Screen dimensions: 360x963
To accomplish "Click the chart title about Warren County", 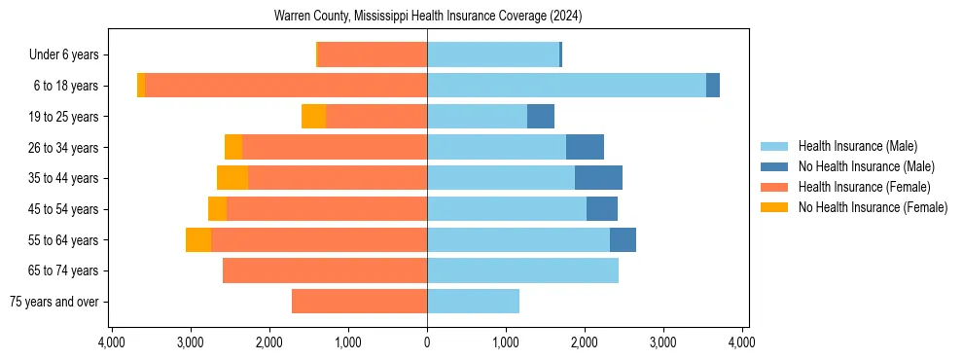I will (428, 17).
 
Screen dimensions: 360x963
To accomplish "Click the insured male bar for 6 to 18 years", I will (566, 86).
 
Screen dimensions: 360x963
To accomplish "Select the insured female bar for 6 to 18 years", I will (286, 86).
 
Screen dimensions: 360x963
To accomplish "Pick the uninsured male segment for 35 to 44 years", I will (598, 178).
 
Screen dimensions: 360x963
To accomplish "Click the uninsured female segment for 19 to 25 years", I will (313, 117).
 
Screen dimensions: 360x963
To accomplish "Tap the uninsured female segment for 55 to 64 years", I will (198, 240).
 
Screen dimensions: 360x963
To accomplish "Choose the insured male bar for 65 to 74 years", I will (522, 270).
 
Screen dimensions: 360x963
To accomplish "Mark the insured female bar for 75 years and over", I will (359, 302).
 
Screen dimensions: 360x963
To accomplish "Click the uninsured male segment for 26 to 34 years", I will (585, 147).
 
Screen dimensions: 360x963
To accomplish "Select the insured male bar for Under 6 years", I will (493, 54).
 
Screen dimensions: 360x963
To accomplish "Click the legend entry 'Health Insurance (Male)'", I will (857, 146).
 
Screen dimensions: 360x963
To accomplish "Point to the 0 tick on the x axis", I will (427, 342).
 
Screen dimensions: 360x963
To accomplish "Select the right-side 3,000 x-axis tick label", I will (662, 342).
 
